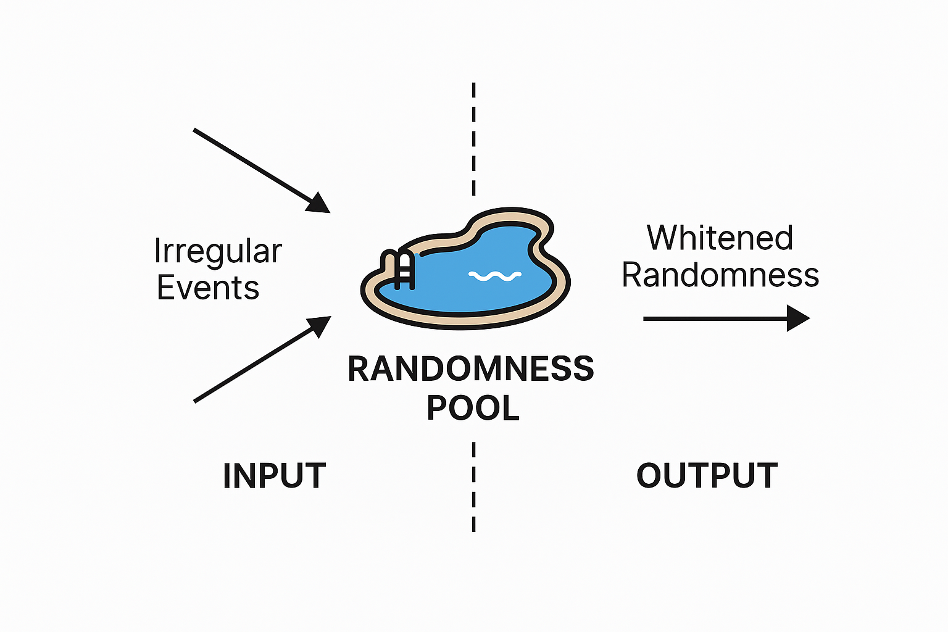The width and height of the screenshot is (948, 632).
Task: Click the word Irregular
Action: click(x=218, y=252)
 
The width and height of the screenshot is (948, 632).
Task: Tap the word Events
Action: click(x=208, y=288)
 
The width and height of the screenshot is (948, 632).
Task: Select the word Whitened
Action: click(x=720, y=238)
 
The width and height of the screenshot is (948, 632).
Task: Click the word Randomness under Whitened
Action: click(x=720, y=275)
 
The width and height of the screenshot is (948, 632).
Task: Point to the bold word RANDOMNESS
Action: click(x=470, y=368)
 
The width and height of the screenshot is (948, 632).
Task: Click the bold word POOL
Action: click(x=473, y=408)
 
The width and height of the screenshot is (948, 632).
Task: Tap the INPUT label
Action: click(x=274, y=476)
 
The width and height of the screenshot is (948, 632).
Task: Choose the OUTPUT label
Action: click(x=707, y=476)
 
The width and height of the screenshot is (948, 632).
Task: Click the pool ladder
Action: click(x=400, y=269)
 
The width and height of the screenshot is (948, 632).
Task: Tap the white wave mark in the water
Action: click(x=495, y=276)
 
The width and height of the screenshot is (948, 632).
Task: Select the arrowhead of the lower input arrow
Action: click(x=320, y=325)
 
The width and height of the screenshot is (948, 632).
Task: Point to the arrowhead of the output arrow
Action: click(x=798, y=318)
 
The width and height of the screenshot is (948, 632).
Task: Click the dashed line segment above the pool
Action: click(x=473, y=139)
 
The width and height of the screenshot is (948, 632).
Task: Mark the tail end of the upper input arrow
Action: click(x=195, y=130)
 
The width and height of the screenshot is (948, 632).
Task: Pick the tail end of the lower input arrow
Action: click(x=196, y=401)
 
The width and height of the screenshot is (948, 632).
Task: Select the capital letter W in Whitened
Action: click(x=662, y=238)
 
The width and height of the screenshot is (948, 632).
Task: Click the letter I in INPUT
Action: click(x=227, y=476)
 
